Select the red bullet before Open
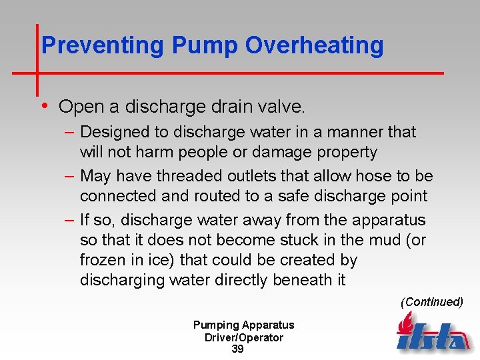pyautogui.click(x=45, y=105)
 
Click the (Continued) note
pyautogui.click(x=431, y=302)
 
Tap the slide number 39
pyautogui.click(x=237, y=349)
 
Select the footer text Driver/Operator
pyautogui.click(x=243, y=337)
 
